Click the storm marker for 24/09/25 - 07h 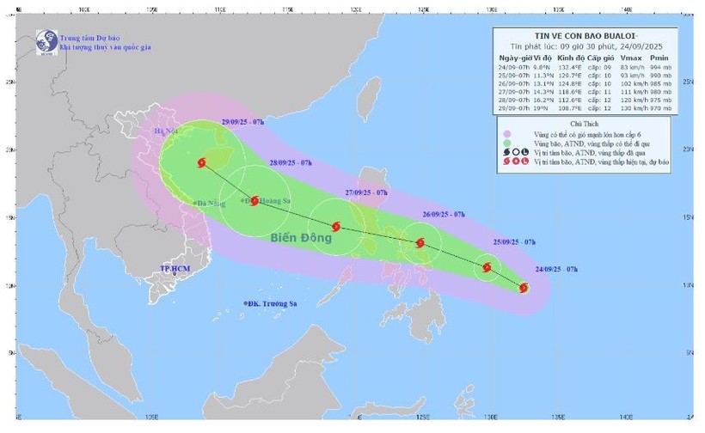pos(524,288)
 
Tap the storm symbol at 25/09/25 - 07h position pos(487,267)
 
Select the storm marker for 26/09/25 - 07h pos(420,243)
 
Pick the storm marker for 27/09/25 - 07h pos(336,227)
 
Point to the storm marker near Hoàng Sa pos(254,200)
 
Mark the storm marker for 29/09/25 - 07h pos(201,162)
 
